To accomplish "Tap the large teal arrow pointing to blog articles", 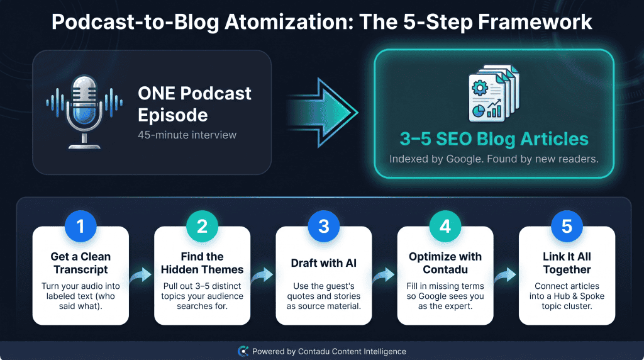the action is [323, 113].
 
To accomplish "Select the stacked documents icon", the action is [494, 93].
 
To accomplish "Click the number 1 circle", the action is [80, 226].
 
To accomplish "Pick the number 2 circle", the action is [202, 226].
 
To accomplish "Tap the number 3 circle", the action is [324, 226].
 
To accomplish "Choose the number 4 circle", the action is [445, 226].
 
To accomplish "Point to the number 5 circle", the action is [567, 226].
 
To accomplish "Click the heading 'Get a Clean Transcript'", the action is [80, 263].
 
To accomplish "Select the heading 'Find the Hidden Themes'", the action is [202, 263].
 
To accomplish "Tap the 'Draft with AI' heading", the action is [324, 263].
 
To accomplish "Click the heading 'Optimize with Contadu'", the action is [445, 263].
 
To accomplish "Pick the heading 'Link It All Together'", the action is [567, 263].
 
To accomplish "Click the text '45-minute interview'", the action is [187, 135].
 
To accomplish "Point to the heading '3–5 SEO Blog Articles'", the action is [494, 139].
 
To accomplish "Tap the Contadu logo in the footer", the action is [243, 351].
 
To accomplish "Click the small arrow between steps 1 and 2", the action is [141, 275].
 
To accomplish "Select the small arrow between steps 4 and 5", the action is [506, 275].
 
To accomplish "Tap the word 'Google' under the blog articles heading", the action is [464, 159].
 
